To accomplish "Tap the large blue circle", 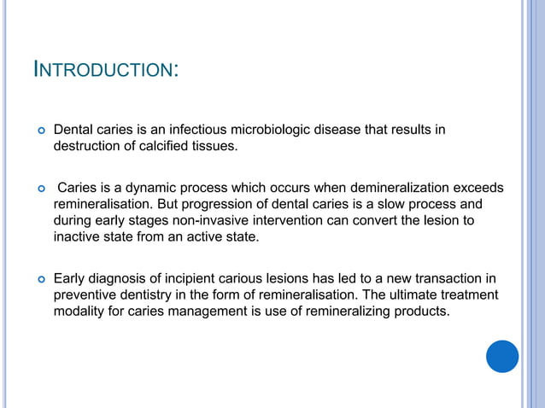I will point(502,356).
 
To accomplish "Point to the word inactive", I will point(76,236).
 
